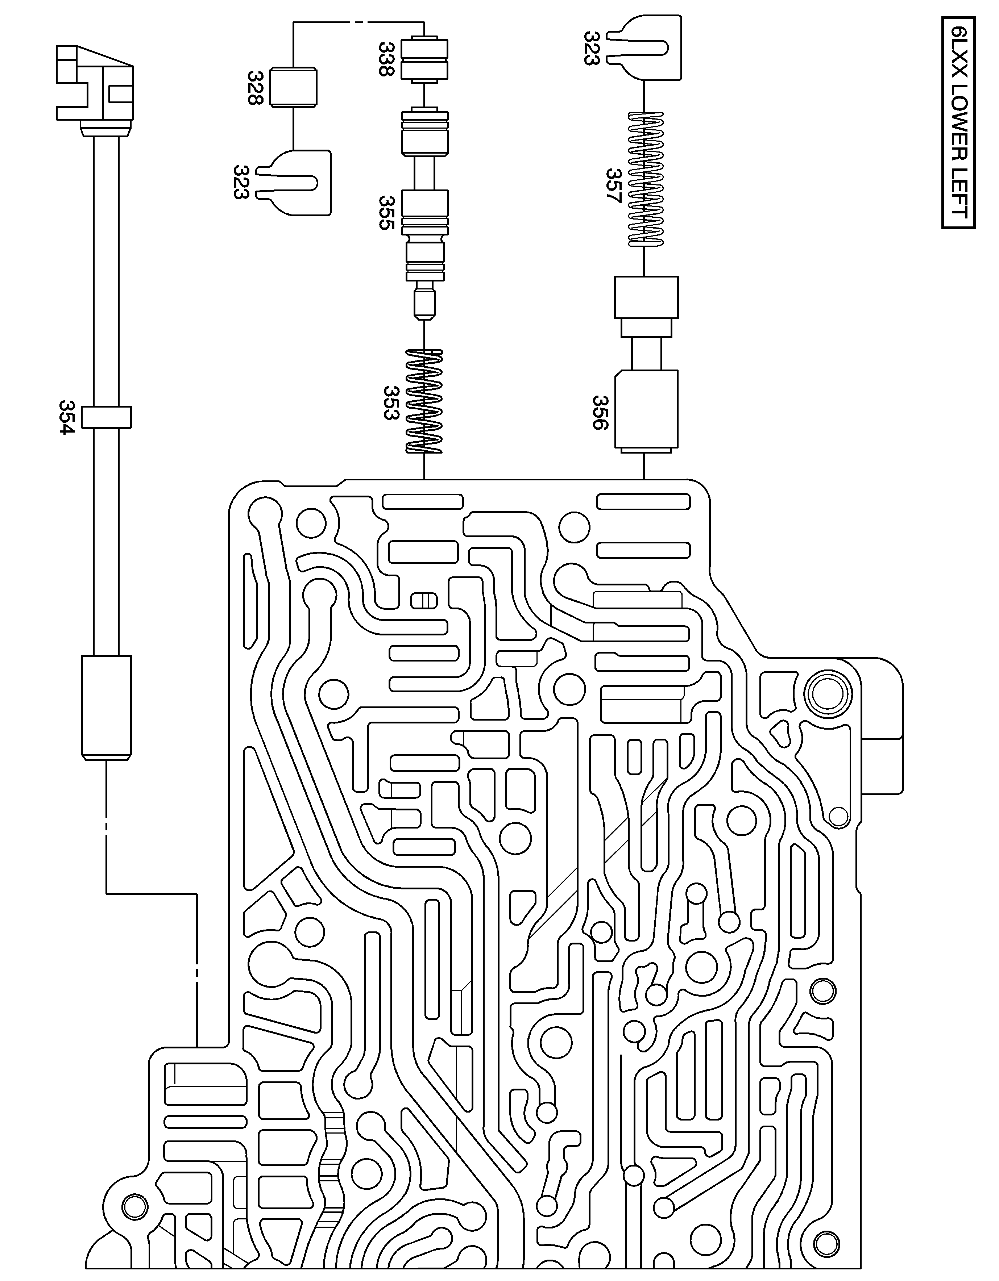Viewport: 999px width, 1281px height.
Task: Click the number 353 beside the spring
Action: tap(391, 402)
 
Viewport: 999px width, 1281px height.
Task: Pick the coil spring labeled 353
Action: tap(424, 402)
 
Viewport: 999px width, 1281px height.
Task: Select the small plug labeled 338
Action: tap(424, 59)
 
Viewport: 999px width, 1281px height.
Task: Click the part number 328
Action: tap(255, 88)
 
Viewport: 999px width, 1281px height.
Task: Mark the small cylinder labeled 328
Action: tap(294, 88)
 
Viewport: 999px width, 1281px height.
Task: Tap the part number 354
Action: tap(67, 417)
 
